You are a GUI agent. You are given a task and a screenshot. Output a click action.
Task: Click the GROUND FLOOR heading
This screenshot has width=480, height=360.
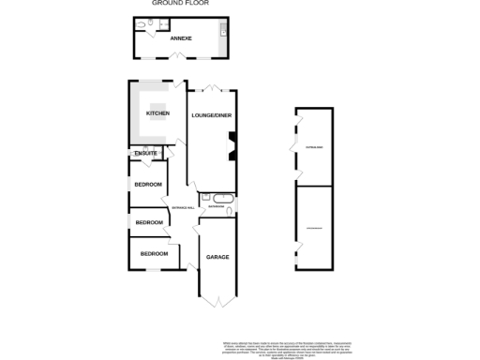pyautogui.click(x=180, y=3)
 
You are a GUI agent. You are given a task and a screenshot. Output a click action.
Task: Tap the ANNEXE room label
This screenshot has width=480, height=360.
pyautogui.click(x=180, y=38)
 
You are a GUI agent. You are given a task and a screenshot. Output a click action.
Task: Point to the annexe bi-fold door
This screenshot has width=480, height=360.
pyautogui.click(x=175, y=58)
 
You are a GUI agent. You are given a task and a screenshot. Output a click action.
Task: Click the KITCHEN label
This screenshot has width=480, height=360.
pyautogui.click(x=157, y=113)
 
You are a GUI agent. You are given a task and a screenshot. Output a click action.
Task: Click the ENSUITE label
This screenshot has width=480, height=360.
pyautogui.click(x=146, y=153)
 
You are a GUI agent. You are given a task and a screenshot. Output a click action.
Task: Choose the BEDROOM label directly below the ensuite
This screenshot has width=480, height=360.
pyautogui.click(x=148, y=184)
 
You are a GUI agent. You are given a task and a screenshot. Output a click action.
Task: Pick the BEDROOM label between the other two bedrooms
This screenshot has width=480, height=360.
pyautogui.click(x=149, y=222)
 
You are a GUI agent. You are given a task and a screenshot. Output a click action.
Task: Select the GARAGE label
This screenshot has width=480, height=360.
pyautogui.click(x=217, y=256)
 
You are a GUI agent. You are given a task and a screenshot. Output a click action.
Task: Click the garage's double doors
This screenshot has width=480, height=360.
pyautogui.click(x=217, y=301)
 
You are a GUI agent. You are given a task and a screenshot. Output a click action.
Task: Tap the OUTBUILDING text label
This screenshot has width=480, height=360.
pyautogui.click(x=313, y=147)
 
